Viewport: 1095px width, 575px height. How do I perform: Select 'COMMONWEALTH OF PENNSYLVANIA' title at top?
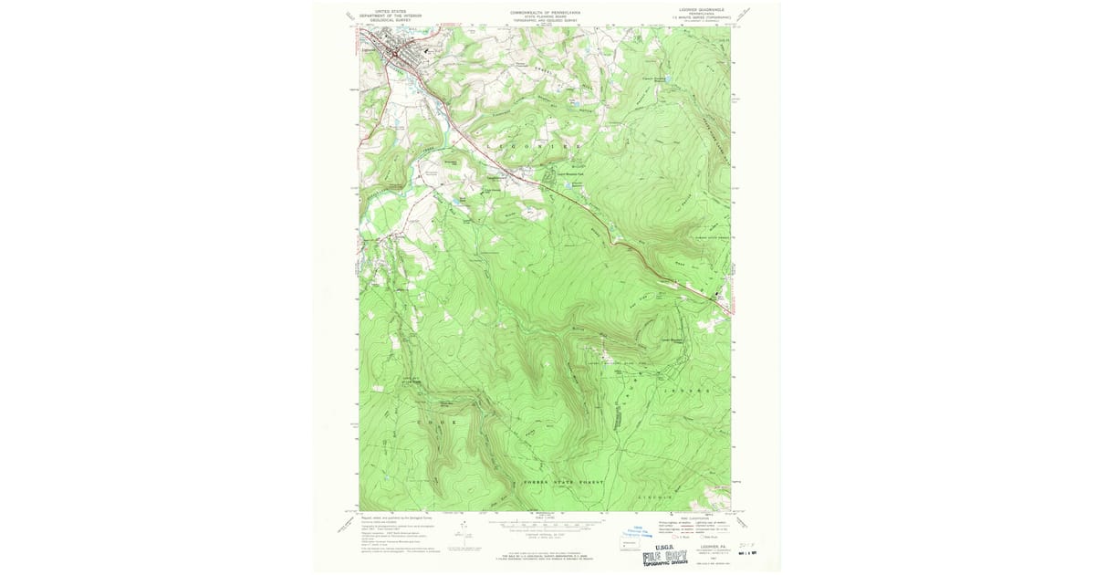pyautogui.click(x=545, y=12)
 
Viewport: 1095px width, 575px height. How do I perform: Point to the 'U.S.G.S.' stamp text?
pyautogui.click(x=663, y=545)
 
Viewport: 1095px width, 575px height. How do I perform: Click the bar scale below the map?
pyautogui.click(x=544, y=525)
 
